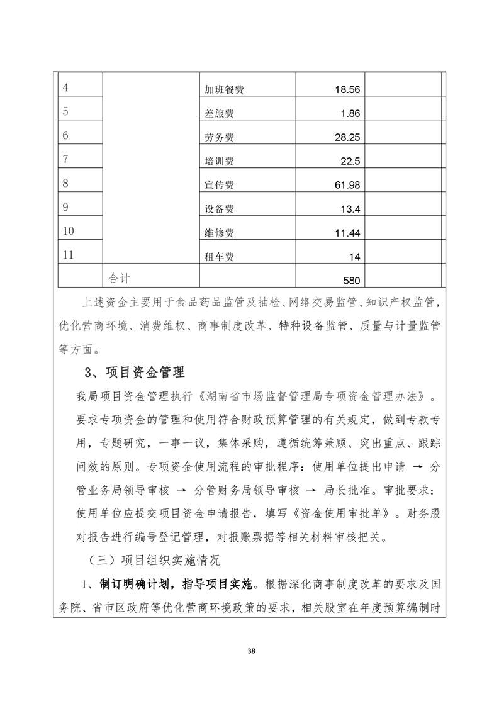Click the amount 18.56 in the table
(346, 90)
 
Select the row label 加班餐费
(224, 90)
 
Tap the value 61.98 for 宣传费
(346, 185)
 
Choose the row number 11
(69, 255)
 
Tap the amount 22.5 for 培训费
(350, 162)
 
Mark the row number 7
(66, 159)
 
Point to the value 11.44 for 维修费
(346, 233)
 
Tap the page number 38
(250, 650)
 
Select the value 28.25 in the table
(346, 138)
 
